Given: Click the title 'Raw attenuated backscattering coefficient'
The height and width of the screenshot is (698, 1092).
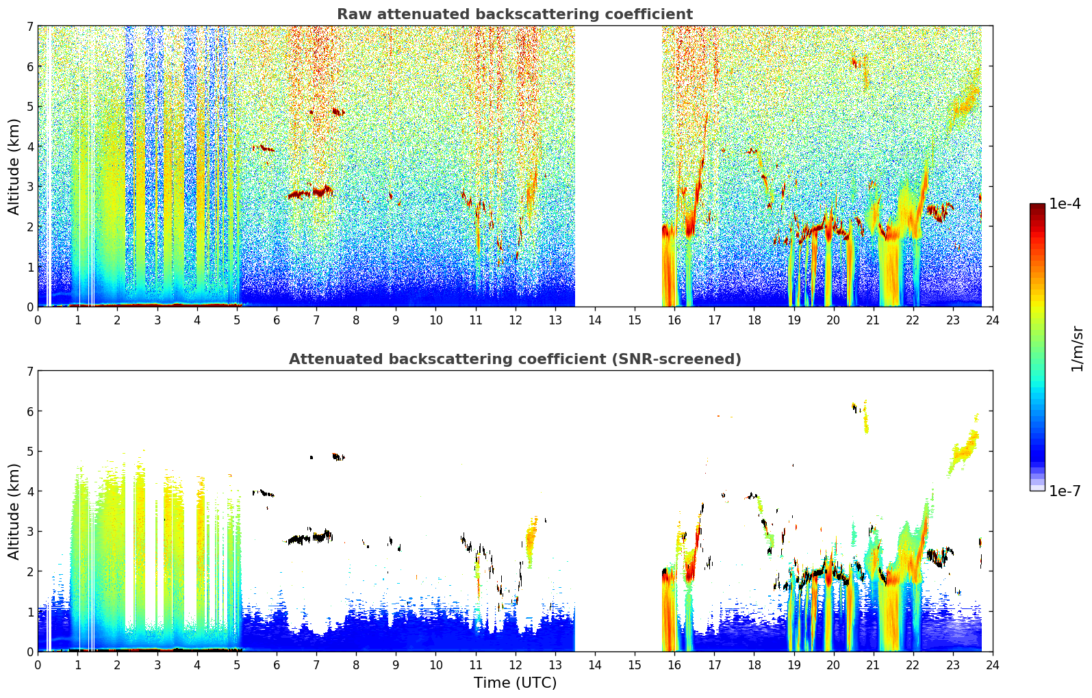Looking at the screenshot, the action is click(x=515, y=14).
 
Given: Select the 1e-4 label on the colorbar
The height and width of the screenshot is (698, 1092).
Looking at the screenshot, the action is click(x=1065, y=204).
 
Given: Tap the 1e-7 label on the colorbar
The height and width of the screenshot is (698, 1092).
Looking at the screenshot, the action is click(x=1065, y=491).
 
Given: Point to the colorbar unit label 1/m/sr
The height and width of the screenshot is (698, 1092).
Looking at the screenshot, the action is click(x=1076, y=350).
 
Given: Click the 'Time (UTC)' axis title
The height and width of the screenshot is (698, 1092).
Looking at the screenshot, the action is click(x=515, y=682).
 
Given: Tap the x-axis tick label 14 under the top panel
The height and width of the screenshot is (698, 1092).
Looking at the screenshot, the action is click(x=595, y=320).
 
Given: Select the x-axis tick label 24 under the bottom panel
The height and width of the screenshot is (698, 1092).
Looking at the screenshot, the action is click(x=993, y=665).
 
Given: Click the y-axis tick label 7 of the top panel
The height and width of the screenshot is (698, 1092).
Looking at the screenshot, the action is click(x=29, y=26).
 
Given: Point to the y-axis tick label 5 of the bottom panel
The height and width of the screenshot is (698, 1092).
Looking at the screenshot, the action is click(x=29, y=452).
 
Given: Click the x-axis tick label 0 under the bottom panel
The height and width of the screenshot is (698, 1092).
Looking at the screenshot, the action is click(x=38, y=665).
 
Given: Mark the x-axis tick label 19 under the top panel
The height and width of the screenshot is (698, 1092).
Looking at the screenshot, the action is click(x=793, y=320).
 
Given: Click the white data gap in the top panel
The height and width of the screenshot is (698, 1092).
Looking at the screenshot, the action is click(x=618, y=166).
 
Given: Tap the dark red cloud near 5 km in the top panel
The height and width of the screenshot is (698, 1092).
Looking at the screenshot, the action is click(x=338, y=112).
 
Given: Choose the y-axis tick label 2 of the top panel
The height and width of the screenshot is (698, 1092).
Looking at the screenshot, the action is click(x=29, y=227).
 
